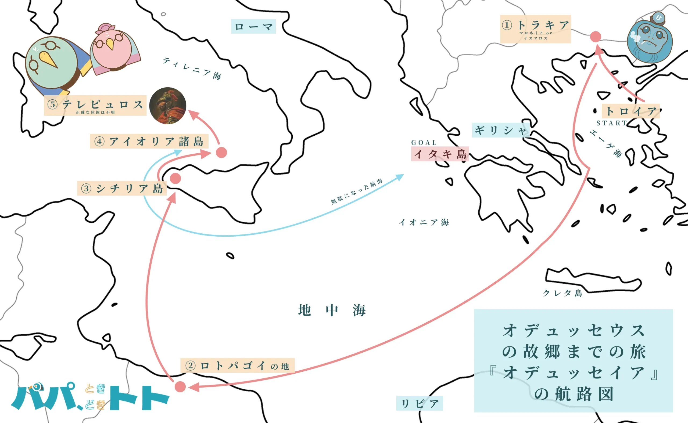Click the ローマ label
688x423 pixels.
click(253, 27)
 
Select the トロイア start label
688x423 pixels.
click(630, 111)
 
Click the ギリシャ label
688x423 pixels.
click(500, 130)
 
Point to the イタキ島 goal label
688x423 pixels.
click(439, 154)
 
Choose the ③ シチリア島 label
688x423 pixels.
click(122, 188)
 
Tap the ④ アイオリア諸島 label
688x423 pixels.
click(149, 141)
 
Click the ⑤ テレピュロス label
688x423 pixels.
click(95, 106)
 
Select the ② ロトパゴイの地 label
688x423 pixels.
click(237, 365)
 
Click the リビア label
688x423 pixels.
click(419, 403)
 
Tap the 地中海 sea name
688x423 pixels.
click(332, 310)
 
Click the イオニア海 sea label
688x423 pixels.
click(424, 222)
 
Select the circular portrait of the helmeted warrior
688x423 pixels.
click(168, 106)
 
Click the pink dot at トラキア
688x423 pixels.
click(596, 37)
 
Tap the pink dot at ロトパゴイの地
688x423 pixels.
click(180, 387)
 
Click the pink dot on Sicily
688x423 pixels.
click(175, 179)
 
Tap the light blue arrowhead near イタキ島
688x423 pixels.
click(400, 176)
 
